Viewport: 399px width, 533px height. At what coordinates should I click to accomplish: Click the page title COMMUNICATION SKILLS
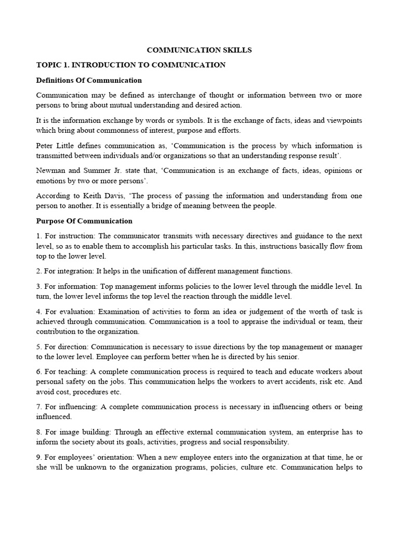199,50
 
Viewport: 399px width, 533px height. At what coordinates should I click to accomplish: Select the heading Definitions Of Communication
89,80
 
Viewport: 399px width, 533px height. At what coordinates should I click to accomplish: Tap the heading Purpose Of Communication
84,221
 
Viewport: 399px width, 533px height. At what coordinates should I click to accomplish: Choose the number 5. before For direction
39,347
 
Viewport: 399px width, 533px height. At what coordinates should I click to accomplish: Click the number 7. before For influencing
39,407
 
